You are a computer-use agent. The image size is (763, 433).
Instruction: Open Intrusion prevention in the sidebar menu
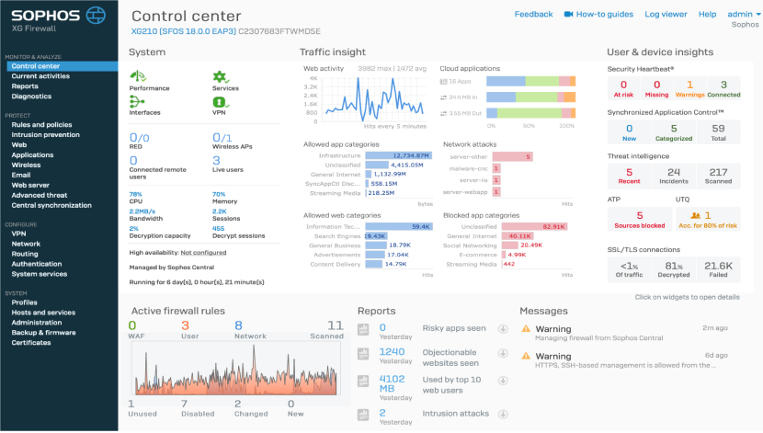[x=45, y=134]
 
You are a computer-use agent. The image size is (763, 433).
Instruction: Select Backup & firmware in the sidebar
[x=43, y=332]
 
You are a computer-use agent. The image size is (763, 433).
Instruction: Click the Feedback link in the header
[x=533, y=15]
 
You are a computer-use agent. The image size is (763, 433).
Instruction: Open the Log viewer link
[x=666, y=15]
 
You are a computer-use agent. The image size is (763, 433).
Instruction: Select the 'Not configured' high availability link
[x=203, y=252]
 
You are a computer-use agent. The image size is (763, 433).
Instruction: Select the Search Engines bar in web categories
[x=375, y=235]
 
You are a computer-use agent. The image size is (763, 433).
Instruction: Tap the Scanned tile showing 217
[x=718, y=176]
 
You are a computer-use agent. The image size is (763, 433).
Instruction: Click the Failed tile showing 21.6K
[x=718, y=268]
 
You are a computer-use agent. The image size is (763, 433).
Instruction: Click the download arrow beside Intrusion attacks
[x=503, y=414]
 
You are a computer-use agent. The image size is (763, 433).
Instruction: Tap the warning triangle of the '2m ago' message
[x=526, y=328]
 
